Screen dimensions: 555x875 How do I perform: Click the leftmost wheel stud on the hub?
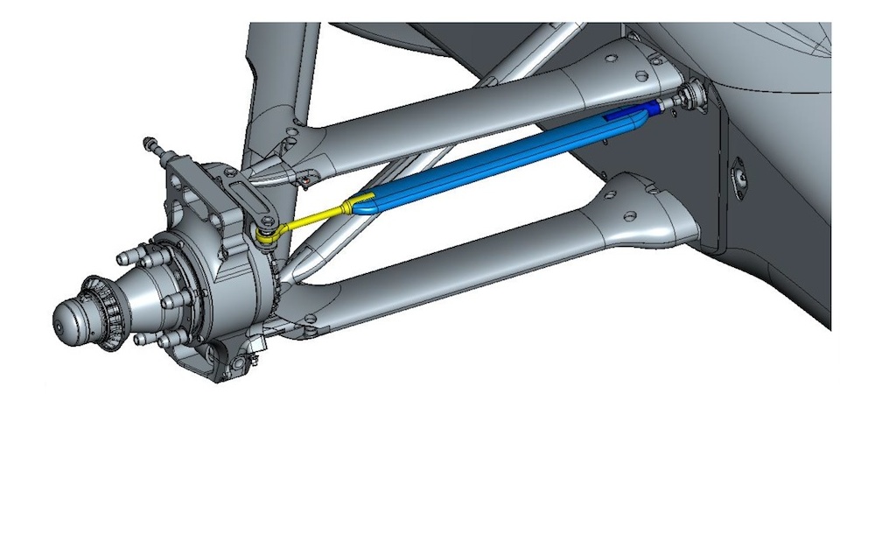click(x=123, y=258)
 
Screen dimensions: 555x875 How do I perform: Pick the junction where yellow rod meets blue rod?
click(x=354, y=206)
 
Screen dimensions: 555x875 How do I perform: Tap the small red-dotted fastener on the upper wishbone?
click(x=305, y=181)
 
